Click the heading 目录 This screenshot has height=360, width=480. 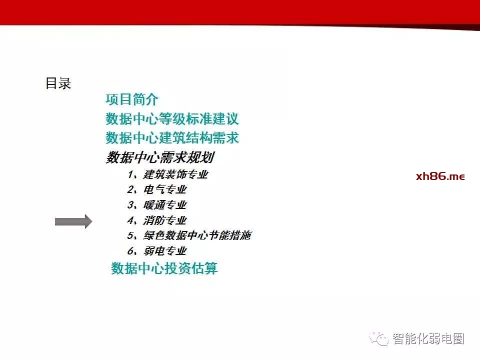[58, 83]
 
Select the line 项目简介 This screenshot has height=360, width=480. [132, 100]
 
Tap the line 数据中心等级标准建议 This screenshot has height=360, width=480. [172, 119]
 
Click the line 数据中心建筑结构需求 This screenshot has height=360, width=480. [172, 138]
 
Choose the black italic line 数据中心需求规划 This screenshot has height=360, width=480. [160, 157]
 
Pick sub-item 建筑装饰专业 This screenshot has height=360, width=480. [175, 174]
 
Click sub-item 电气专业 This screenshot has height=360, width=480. [165, 190]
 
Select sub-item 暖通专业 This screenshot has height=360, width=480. [165, 205]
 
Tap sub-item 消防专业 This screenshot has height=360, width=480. [165, 220]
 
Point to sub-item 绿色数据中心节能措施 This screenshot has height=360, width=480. [197, 235]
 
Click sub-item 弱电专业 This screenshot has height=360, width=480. [165, 251]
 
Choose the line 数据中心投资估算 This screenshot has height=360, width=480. [164, 268]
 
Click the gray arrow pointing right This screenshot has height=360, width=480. [73, 221]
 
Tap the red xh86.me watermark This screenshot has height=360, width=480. [440, 176]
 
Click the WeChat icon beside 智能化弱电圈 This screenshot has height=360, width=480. [379, 339]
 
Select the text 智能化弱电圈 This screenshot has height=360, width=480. [428, 339]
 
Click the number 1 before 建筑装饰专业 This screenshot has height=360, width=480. [131, 174]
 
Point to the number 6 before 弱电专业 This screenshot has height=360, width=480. [130, 251]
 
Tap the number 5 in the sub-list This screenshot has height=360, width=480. [130, 235]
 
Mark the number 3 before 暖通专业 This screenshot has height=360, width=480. [130, 205]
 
